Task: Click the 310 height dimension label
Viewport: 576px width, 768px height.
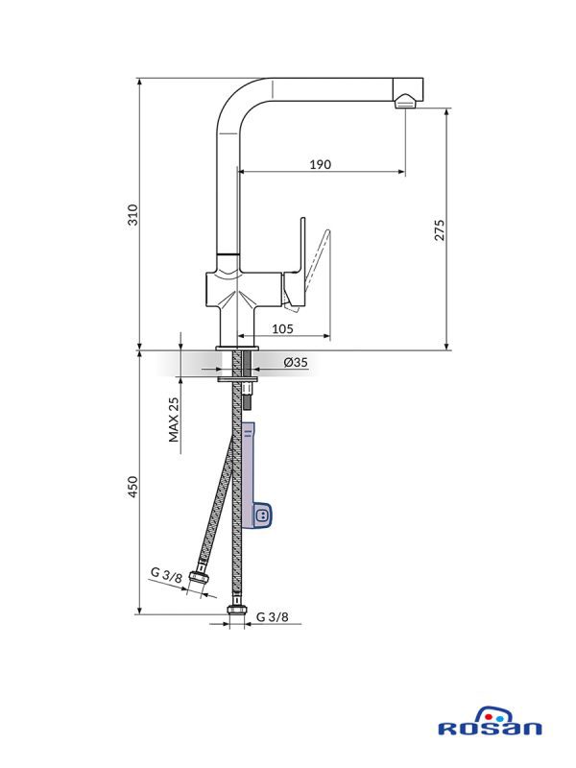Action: pos(132,215)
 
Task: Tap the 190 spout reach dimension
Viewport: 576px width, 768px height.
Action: pos(321,164)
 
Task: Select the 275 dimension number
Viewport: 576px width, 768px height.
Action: pos(440,230)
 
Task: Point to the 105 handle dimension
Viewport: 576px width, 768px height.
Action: pos(282,328)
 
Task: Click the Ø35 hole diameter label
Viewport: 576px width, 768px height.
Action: pos(296,362)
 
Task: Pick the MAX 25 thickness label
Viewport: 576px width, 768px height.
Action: pos(174,420)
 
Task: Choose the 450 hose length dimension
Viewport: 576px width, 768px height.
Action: pos(132,487)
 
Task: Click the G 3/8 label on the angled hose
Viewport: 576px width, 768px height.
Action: pos(166,574)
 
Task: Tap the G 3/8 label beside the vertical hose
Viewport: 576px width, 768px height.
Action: pos(273,617)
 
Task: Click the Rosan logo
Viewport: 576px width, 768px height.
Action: pos(490,722)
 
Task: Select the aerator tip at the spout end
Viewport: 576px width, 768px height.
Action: pos(405,102)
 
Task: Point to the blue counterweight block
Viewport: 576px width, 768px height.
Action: pos(253,476)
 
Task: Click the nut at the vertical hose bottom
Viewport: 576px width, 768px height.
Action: pos(236,610)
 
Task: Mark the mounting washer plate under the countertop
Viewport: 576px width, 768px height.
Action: pos(237,378)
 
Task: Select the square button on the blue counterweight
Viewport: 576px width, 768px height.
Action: pos(261,516)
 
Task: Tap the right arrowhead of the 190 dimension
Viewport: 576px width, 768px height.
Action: pos(402,172)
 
